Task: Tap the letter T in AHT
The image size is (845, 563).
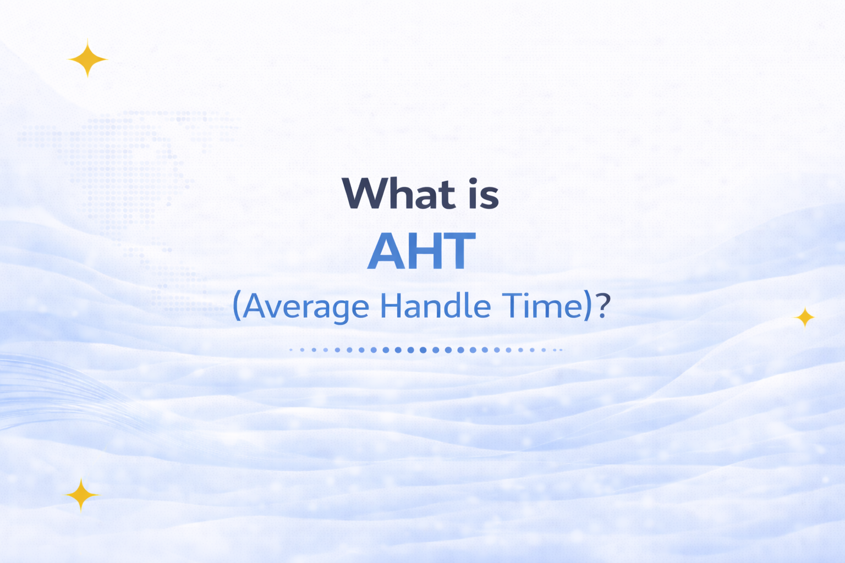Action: pyautogui.click(x=459, y=252)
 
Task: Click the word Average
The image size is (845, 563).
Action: pyautogui.click(x=306, y=306)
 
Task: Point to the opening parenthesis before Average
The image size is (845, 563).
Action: pyautogui.click(x=237, y=306)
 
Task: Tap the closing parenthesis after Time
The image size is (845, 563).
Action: pyautogui.click(x=587, y=306)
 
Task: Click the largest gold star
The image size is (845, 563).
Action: pyautogui.click(x=87, y=58)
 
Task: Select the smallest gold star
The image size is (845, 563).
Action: pyautogui.click(x=805, y=317)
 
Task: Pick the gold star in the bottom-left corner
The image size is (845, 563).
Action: pyautogui.click(x=81, y=495)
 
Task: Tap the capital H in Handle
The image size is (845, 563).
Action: pyautogui.click(x=390, y=306)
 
